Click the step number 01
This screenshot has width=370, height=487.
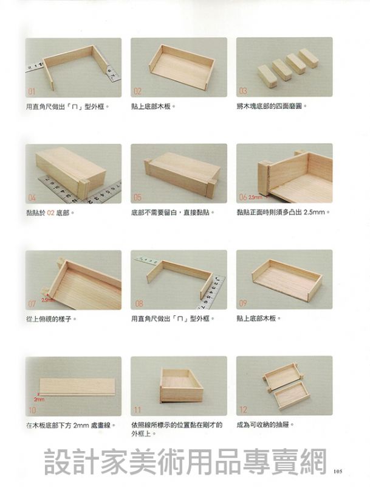(32, 91)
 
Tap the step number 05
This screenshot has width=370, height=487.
(137, 197)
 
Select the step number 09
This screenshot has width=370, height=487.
(242, 303)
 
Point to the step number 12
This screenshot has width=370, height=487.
(243, 410)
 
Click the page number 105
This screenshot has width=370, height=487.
(338, 471)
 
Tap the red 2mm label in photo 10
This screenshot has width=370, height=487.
(39, 399)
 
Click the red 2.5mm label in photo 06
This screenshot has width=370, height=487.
(255, 197)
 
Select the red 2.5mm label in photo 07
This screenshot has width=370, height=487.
(48, 300)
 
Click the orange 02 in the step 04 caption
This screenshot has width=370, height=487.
(51, 213)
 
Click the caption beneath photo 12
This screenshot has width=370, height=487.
(266, 424)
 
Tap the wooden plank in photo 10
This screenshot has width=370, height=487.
(77, 387)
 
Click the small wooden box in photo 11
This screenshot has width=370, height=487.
(181, 385)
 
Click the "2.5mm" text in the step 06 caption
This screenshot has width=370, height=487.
(314, 212)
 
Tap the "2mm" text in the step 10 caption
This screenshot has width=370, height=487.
(81, 425)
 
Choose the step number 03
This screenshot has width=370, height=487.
(243, 91)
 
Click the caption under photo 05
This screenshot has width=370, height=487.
(173, 212)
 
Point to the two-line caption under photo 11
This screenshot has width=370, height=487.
(177, 429)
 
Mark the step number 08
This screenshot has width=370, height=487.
(139, 303)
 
